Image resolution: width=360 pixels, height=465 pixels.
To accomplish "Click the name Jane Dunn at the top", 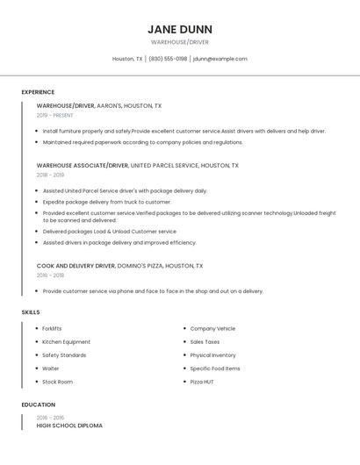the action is [x=180, y=29].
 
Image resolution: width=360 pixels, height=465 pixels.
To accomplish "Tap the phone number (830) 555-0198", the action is [x=168, y=59].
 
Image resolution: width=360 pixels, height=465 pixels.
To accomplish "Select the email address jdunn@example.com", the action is [x=220, y=59].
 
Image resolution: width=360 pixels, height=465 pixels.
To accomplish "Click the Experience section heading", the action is [x=38, y=92].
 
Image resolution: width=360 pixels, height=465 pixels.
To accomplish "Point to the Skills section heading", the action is [x=31, y=312].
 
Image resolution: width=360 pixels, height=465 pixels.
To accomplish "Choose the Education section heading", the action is [x=38, y=404].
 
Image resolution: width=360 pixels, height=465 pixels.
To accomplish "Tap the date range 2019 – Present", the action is [x=55, y=115].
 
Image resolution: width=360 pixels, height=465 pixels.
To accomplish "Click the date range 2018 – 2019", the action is [x=50, y=175].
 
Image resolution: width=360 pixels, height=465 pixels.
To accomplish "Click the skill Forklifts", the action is [x=52, y=329].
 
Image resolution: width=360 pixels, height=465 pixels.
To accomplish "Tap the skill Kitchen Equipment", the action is [x=66, y=342].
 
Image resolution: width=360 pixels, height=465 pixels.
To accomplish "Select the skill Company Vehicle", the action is [x=212, y=329].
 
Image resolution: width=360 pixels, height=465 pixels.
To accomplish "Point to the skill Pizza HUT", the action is [x=203, y=382].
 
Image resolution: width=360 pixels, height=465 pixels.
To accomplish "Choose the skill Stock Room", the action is [x=57, y=382].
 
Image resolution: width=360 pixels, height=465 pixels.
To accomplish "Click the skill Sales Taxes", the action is [x=205, y=342].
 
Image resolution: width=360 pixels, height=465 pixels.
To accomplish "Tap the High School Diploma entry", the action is [x=69, y=426].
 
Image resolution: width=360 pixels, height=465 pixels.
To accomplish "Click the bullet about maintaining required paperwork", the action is [x=142, y=142].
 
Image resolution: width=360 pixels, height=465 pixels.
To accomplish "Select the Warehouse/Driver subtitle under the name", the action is [x=180, y=42].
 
